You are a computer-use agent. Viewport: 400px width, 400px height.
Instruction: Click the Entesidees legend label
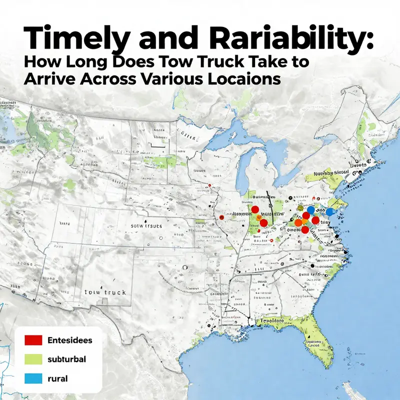point(69,340)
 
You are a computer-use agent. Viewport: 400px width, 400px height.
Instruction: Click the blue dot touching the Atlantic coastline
point(329,211)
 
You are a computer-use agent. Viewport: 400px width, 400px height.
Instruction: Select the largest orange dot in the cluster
point(298,222)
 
